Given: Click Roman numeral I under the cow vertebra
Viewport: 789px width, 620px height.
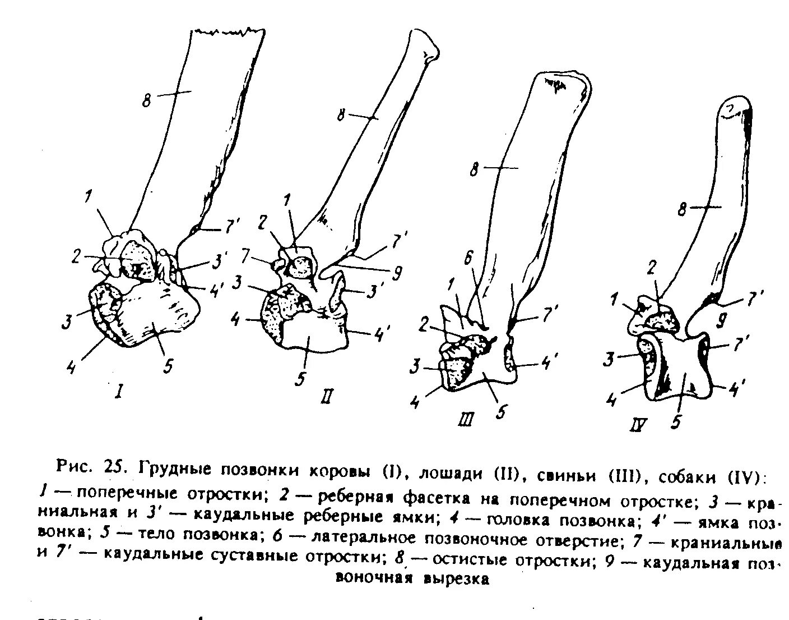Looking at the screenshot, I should click(119, 392).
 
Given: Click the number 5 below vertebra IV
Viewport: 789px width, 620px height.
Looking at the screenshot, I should click(676, 420).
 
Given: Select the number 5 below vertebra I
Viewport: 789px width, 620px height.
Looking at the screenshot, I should click(166, 365).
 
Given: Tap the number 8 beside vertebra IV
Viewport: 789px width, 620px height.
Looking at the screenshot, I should click(682, 210).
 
